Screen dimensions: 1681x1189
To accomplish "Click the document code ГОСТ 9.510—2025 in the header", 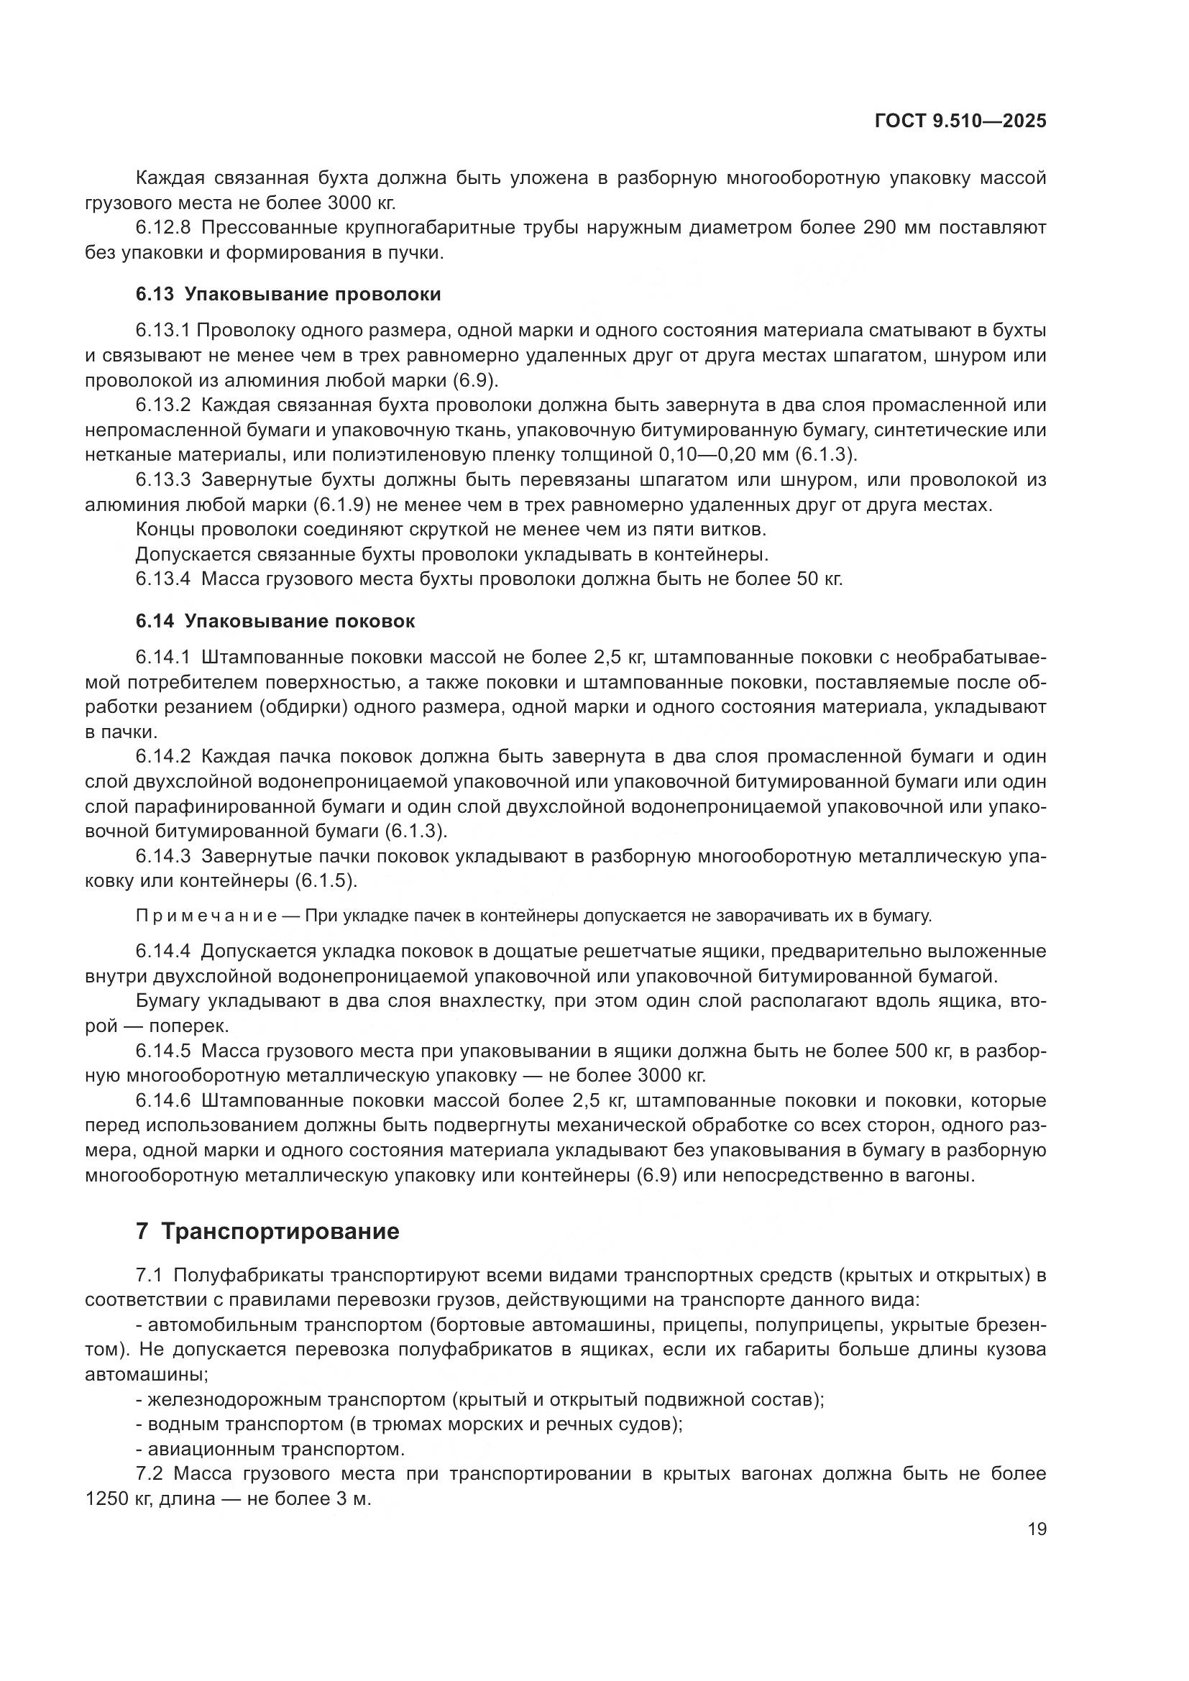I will (960, 121).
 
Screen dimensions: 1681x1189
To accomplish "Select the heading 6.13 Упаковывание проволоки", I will (288, 295).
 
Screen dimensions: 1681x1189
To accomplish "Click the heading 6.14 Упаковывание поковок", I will (275, 621).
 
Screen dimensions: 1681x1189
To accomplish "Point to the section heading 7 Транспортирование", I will (267, 1232).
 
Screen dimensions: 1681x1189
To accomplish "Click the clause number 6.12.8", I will (162, 228).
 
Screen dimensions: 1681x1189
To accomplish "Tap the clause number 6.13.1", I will (162, 331).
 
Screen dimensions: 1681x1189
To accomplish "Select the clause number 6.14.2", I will (162, 756).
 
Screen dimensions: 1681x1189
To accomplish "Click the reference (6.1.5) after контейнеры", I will (324, 881).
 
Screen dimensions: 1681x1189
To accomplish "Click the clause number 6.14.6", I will (162, 1101).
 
